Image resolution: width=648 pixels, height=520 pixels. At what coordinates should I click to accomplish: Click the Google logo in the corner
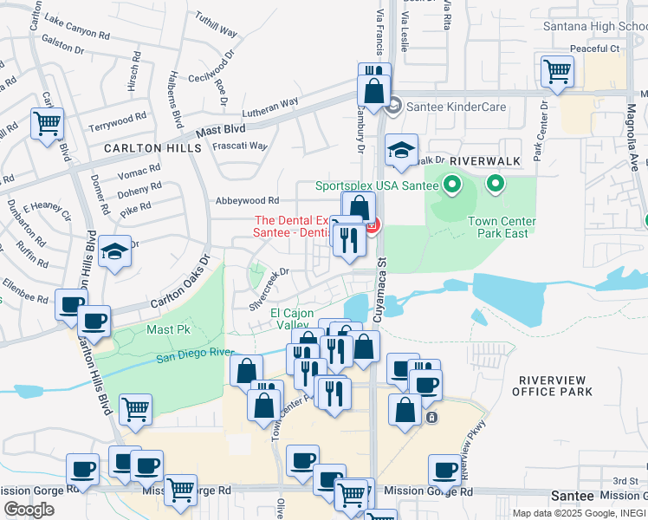tap(29, 509)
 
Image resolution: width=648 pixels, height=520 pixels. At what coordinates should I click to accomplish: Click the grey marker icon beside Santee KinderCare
tap(392, 106)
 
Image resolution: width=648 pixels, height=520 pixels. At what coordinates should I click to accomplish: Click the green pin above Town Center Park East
tap(496, 184)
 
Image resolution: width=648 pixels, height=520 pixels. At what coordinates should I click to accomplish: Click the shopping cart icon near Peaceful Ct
tap(556, 73)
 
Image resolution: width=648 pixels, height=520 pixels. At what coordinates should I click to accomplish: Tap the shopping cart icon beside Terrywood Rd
tap(46, 122)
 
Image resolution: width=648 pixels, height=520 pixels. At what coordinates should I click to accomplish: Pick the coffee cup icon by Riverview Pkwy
tap(444, 471)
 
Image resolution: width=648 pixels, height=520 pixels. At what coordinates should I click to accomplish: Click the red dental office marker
tap(373, 228)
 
